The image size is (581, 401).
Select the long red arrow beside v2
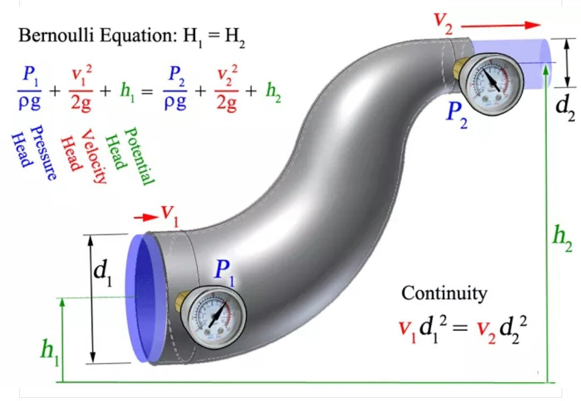501,25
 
